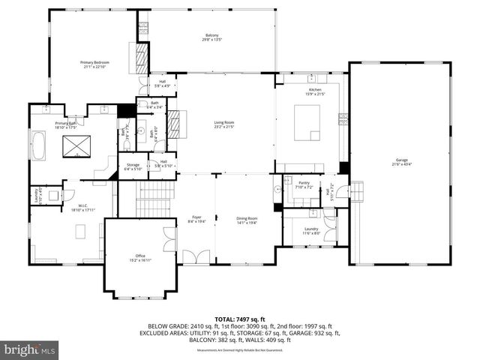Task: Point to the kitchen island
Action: point(308,122)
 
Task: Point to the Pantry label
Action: point(303,184)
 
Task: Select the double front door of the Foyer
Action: point(196,258)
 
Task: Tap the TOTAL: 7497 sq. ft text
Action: point(240,318)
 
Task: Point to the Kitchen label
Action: point(314,91)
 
